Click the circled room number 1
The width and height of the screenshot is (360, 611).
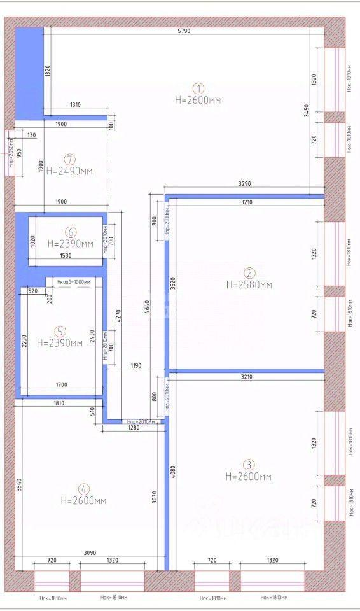198,88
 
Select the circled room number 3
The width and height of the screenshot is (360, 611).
249,465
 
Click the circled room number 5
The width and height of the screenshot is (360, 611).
60,331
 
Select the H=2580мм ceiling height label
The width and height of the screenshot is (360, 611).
249,285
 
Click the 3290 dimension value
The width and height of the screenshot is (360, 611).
245,184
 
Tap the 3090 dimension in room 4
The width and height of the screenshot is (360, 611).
89,553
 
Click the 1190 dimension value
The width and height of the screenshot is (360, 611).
135,366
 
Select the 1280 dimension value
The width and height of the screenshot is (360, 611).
132,427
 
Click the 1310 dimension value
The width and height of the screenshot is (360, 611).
76,105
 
